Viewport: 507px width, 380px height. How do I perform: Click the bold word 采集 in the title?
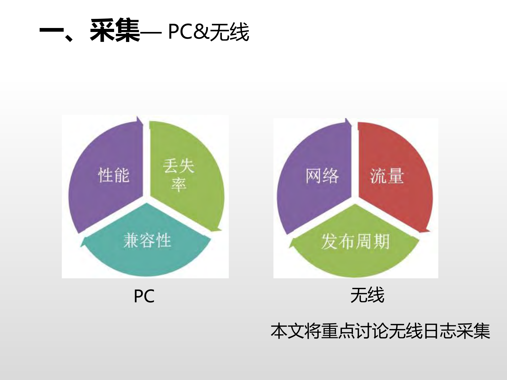pyautogui.click(x=115, y=30)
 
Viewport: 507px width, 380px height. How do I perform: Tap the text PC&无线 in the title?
pyautogui.click(x=208, y=32)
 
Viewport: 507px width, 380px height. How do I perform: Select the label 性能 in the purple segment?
pyautogui.click(x=114, y=175)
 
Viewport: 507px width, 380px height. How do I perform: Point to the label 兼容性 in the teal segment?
pyautogui.click(x=147, y=240)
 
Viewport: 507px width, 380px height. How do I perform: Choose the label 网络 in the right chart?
pyautogui.click(x=322, y=176)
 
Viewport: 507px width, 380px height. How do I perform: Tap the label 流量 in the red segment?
pyautogui.click(x=387, y=176)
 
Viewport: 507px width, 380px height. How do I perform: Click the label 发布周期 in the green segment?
pyautogui.click(x=355, y=241)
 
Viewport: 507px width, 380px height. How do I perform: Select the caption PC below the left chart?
pyautogui.click(x=144, y=296)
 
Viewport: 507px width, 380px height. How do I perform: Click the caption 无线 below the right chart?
pyautogui.click(x=367, y=295)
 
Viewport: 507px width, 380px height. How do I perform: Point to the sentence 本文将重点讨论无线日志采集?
pyautogui.click(x=380, y=331)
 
